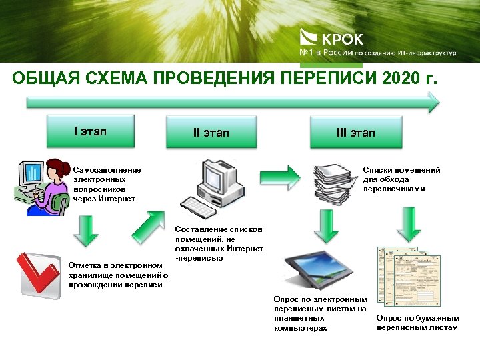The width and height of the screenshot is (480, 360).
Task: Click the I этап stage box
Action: (90, 131)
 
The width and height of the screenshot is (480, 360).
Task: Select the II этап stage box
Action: (211, 132)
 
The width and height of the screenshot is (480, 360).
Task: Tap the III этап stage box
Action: (355, 132)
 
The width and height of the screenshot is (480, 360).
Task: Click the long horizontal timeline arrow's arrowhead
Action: (432, 102)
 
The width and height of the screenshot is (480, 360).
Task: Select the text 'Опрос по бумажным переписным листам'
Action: (417, 323)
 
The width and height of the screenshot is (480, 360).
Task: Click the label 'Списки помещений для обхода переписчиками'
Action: (401, 179)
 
